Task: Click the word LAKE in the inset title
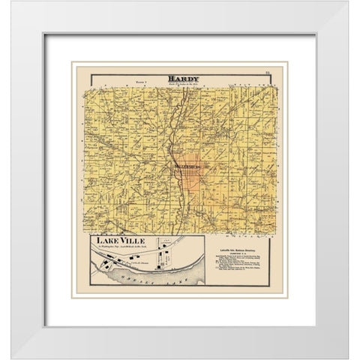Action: tap(106, 241)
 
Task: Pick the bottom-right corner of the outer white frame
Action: tap(347, 347)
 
